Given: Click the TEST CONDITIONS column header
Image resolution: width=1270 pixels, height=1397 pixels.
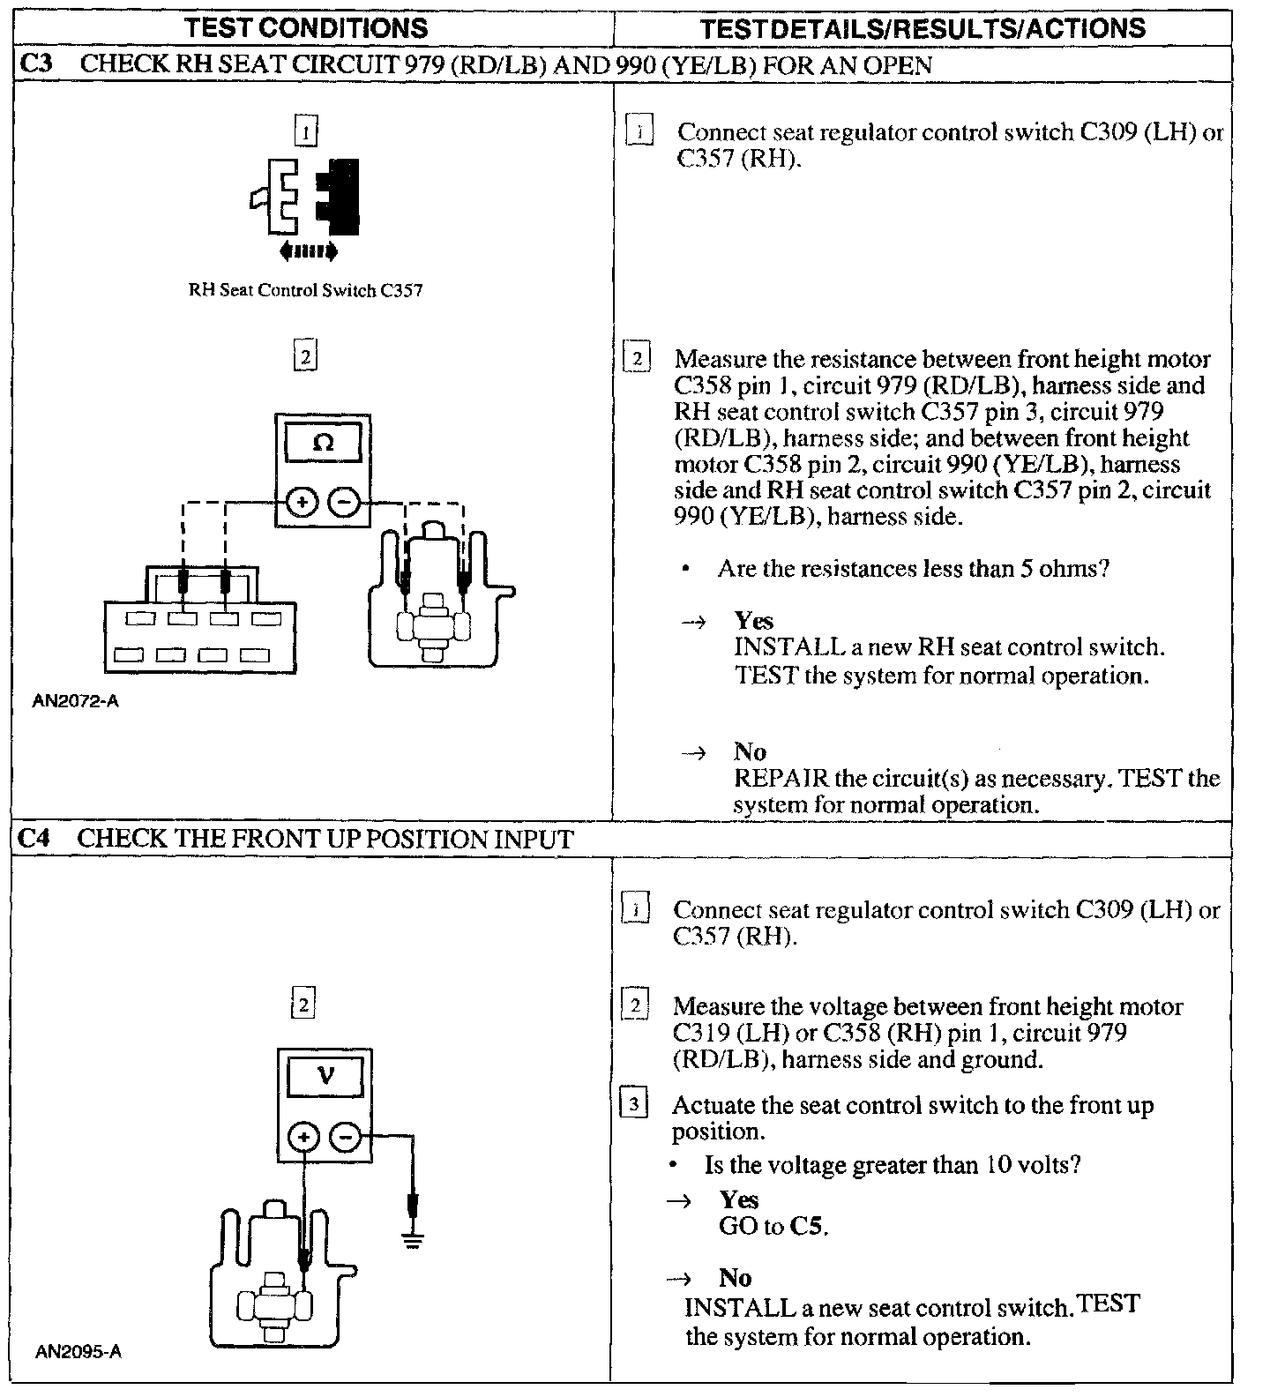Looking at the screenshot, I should (x=306, y=26).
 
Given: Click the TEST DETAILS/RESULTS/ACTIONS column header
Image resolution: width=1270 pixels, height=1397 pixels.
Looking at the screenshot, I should (x=923, y=27).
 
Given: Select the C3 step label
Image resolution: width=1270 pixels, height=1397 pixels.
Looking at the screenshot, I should (x=34, y=65).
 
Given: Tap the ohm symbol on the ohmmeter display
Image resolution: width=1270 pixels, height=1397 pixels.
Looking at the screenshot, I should (x=324, y=443).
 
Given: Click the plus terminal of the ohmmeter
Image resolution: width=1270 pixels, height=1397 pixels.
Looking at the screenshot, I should (x=302, y=503).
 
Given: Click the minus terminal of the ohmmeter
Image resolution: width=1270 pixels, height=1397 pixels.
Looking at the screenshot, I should (x=345, y=503).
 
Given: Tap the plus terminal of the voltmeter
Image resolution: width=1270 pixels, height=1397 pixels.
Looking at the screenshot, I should (x=303, y=1138).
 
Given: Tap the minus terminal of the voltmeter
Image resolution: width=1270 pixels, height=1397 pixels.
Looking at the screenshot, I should (x=346, y=1138).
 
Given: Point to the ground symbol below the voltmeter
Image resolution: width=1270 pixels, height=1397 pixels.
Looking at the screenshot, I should (x=412, y=1240).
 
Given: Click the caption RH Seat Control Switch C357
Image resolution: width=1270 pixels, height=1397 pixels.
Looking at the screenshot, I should (x=305, y=290).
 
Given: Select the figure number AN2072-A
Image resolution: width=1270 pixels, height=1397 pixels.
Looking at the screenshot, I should (x=76, y=701).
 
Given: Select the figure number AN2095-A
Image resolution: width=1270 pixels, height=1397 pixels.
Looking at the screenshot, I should (x=78, y=1351).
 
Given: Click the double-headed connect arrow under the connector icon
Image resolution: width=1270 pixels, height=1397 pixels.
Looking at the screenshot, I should (x=307, y=252).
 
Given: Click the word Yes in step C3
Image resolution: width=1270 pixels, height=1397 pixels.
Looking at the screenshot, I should (x=753, y=621).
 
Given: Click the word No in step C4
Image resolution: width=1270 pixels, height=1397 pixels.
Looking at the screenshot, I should (x=736, y=1278).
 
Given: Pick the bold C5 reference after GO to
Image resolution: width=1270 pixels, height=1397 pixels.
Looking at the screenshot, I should (x=808, y=1226).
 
